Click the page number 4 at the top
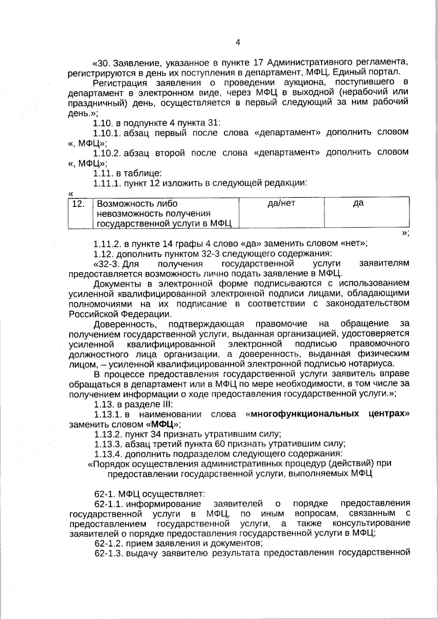point(238,42)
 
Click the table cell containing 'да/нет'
point(281,213)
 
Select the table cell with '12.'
point(80,213)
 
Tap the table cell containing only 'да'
point(366,213)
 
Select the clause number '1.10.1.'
point(107,132)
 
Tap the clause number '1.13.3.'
point(108,444)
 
